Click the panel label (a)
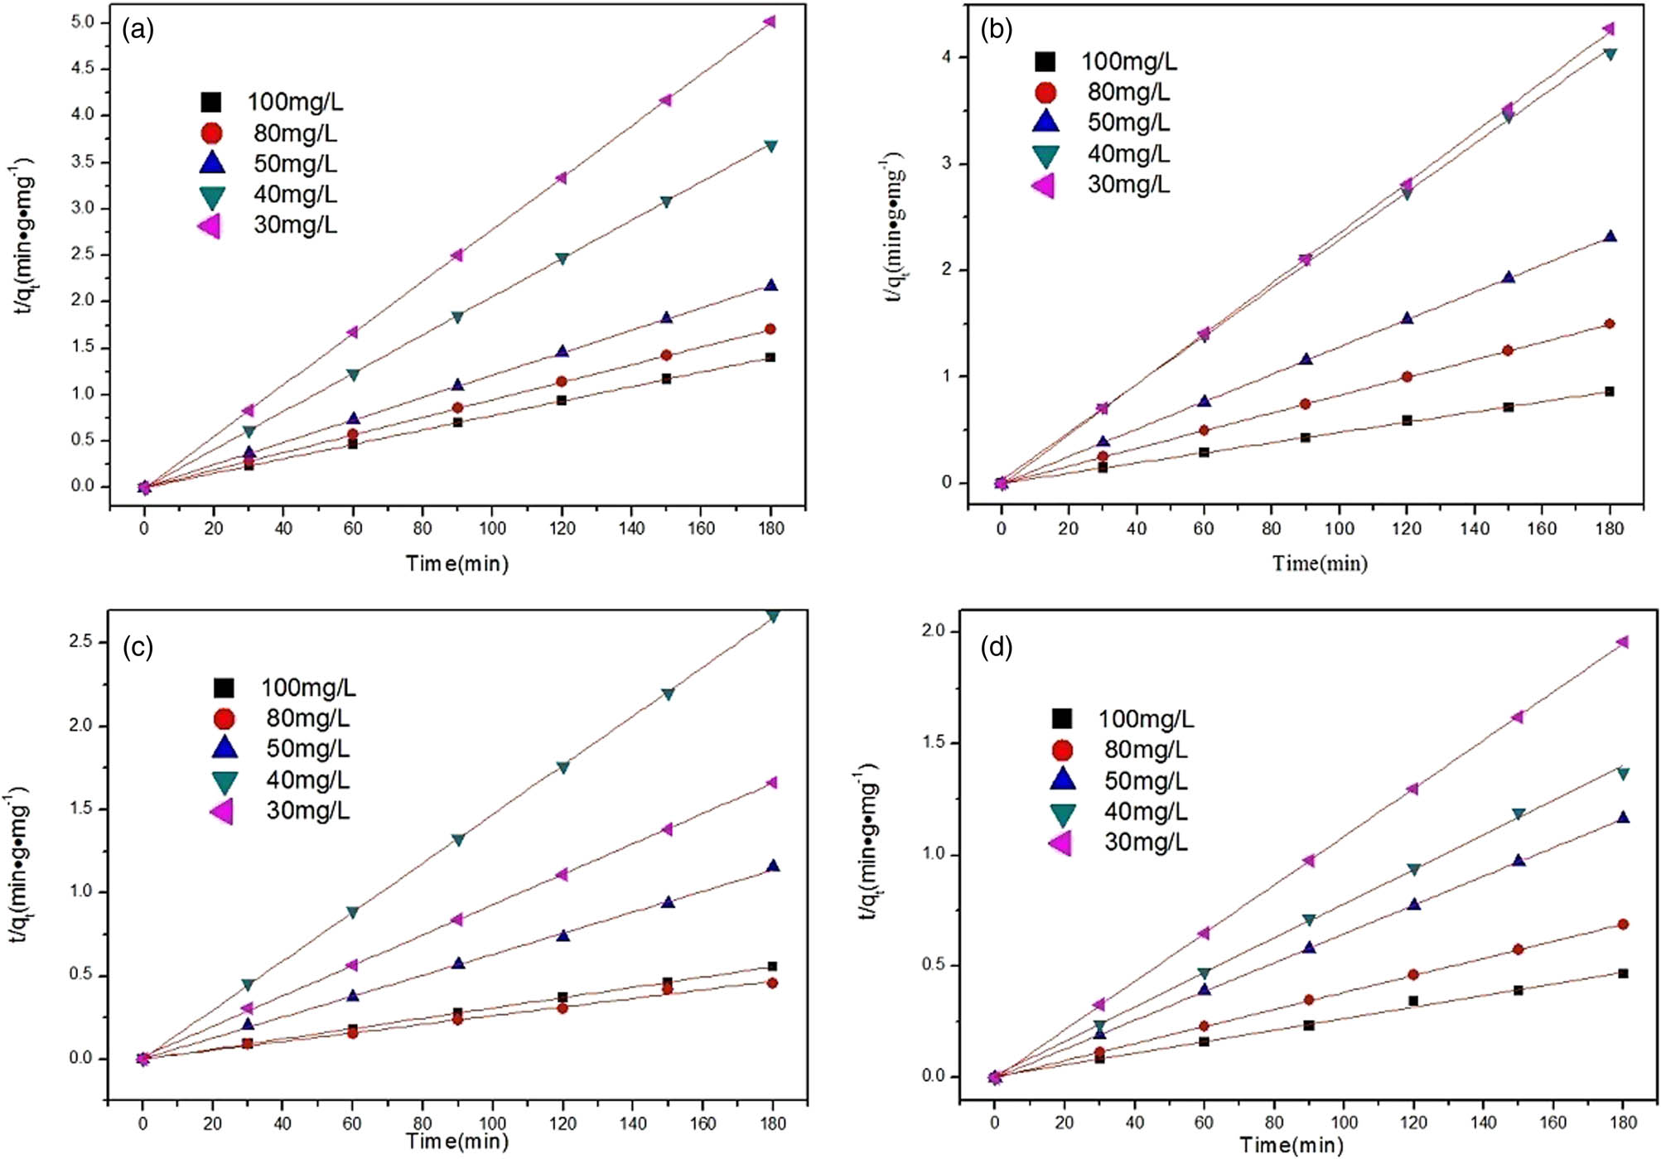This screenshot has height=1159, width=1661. (x=138, y=31)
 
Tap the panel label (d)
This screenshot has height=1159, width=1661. (x=996, y=647)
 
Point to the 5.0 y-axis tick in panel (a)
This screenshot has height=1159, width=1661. (x=83, y=22)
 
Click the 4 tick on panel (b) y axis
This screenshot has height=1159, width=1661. (x=945, y=57)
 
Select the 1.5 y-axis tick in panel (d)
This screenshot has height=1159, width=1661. (x=934, y=742)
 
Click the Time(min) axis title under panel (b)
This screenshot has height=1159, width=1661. (x=1320, y=563)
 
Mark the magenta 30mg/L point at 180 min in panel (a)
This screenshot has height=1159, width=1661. (x=770, y=22)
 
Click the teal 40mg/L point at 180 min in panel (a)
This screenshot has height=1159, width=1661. (x=770, y=147)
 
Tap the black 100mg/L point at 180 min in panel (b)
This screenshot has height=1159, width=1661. (x=1610, y=391)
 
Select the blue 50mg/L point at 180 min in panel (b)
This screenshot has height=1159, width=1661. (x=1610, y=237)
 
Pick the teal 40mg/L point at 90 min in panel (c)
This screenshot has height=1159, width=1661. (x=458, y=840)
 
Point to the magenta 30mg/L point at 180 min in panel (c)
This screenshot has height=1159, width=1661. (x=772, y=782)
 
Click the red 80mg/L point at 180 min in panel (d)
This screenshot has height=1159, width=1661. (x=1623, y=924)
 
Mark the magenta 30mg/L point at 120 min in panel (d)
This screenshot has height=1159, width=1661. (x=1412, y=789)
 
